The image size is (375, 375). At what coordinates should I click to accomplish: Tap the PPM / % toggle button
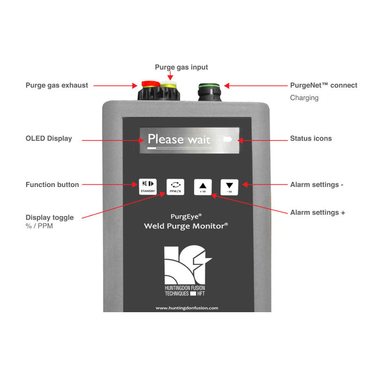pos(175,187)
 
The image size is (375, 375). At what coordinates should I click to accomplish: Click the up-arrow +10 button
pos(203,187)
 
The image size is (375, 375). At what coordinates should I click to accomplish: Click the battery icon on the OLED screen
pos(227,139)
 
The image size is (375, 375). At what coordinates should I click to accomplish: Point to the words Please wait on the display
pos(179,139)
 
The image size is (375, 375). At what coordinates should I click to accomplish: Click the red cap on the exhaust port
pos(150,84)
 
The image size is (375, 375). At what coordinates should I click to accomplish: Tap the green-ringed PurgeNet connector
pos(210,92)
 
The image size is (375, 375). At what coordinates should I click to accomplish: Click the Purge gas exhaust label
pos(57,85)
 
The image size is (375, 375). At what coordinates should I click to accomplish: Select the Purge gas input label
pos(181,67)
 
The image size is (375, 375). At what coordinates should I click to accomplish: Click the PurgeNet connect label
pos(323,85)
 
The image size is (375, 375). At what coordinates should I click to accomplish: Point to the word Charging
pos(304,98)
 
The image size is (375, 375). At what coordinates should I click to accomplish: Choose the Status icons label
pos(311,138)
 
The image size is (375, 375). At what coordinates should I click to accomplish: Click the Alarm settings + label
pos(318,213)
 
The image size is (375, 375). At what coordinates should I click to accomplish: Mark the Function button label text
pos(52,185)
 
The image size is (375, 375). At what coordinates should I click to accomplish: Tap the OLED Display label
pos(49,138)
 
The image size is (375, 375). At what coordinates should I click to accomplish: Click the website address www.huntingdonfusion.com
pos(187,308)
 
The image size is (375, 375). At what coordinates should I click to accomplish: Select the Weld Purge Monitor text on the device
pos(186,226)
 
